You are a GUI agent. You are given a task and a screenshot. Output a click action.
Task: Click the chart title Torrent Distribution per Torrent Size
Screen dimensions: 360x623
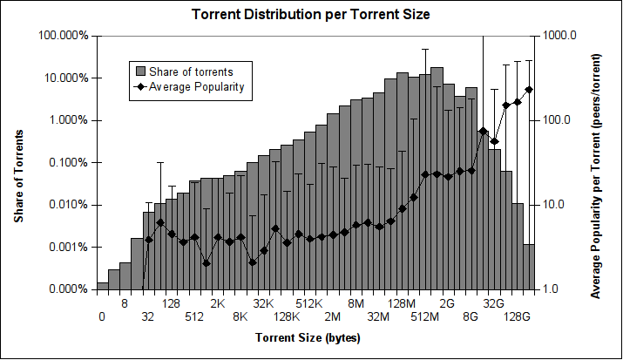click(x=311, y=15)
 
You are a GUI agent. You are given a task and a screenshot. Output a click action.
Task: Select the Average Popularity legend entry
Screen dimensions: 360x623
click(x=195, y=86)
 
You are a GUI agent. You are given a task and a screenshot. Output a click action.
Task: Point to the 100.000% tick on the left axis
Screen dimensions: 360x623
click(x=64, y=36)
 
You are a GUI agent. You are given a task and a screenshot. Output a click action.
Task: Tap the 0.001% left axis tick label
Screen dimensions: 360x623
click(x=67, y=247)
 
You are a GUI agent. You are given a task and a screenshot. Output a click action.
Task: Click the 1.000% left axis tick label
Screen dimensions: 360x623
click(x=67, y=120)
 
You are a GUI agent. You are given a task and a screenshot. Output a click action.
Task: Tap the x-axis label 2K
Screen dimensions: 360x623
click(x=218, y=303)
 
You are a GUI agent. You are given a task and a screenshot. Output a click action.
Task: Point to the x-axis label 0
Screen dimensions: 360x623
click(x=102, y=317)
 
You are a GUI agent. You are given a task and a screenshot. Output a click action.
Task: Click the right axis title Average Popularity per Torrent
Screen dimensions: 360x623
click(x=597, y=162)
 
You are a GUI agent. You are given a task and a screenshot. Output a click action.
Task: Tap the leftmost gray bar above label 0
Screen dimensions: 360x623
click(x=103, y=285)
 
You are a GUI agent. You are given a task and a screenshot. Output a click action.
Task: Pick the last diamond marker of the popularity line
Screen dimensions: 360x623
click(x=529, y=90)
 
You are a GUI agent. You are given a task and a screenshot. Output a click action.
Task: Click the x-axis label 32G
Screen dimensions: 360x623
click(x=494, y=303)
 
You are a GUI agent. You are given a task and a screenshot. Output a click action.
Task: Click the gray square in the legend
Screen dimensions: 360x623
click(x=139, y=70)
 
